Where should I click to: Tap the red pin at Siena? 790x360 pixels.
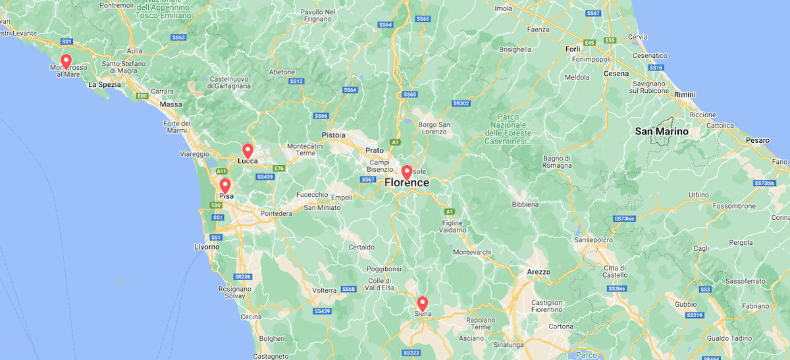click(x=422, y=303)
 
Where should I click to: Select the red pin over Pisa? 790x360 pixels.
click(x=225, y=186)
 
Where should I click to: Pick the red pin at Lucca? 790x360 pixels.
click(x=248, y=151)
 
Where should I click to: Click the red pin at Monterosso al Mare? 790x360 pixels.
click(x=66, y=61)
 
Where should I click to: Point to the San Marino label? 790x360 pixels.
click(x=662, y=132)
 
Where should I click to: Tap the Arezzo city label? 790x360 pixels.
click(x=539, y=272)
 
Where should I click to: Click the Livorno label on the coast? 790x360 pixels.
click(x=207, y=247)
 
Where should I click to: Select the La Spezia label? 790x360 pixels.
click(x=105, y=84)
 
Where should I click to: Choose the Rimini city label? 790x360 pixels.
click(x=685, y=95)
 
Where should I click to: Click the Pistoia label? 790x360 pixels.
click(x=334, y=135)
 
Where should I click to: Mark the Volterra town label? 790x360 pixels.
click(x=325, y=290)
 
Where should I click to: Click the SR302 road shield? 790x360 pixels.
click(x=460, y=103)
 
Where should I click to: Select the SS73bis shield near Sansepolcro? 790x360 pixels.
click(x=623, y=218)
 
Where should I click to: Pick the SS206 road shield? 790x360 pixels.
click(x=242, y=277)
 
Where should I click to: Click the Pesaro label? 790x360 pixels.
click(x=757, y=140)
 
